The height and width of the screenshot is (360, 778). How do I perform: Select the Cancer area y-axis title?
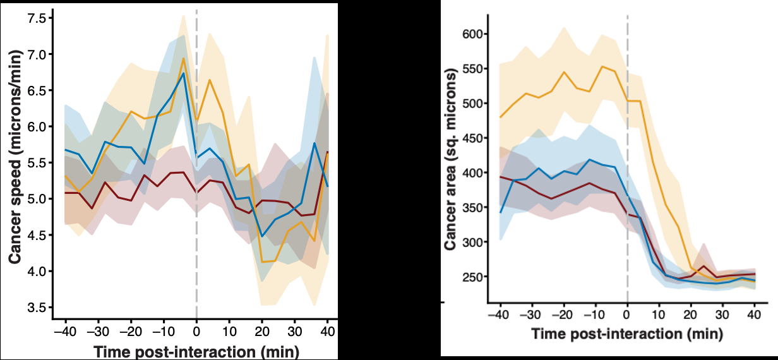tap(450, 161)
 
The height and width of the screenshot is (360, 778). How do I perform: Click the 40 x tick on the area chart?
tap(754, 315)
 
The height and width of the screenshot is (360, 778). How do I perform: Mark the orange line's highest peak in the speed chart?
tap(183, 59)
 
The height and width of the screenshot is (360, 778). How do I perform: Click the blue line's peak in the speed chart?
tap(183, 73)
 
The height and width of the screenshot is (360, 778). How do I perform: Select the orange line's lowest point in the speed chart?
tap(262, 261)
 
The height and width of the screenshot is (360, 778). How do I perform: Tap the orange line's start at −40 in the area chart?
tap(500, 117)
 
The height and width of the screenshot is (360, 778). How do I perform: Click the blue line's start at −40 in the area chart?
tap(500, 213)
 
